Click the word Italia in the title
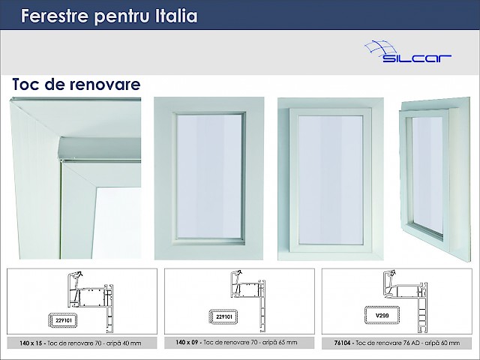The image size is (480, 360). coord(176,16)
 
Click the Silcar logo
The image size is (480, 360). coord(408,52)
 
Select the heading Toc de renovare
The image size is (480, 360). coord(76,84)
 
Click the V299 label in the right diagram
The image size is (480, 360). coord(382,315)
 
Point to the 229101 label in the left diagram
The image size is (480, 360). coord(64,320)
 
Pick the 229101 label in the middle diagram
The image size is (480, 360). coord(224,316)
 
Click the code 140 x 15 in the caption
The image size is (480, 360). coord(31,343)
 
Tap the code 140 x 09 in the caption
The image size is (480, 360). coord(187,342)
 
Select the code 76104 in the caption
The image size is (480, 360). coord(342,343)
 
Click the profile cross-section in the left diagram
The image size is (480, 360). coord(91,301)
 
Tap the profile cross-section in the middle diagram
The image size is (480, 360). coord(248,301)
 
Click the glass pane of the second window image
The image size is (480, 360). coord(210,176)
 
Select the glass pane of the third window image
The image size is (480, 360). coord(331,180)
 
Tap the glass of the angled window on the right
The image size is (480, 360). coord(427,175)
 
